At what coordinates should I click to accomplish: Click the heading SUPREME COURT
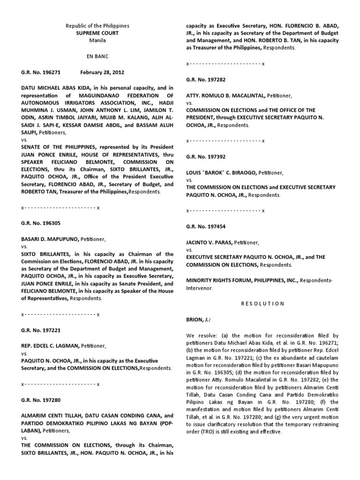(97, 33)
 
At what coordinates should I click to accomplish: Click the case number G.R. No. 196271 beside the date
(42, 71)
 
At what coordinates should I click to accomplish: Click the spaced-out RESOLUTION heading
(262, 303)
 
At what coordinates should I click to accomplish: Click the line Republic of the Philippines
(97, 25)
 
